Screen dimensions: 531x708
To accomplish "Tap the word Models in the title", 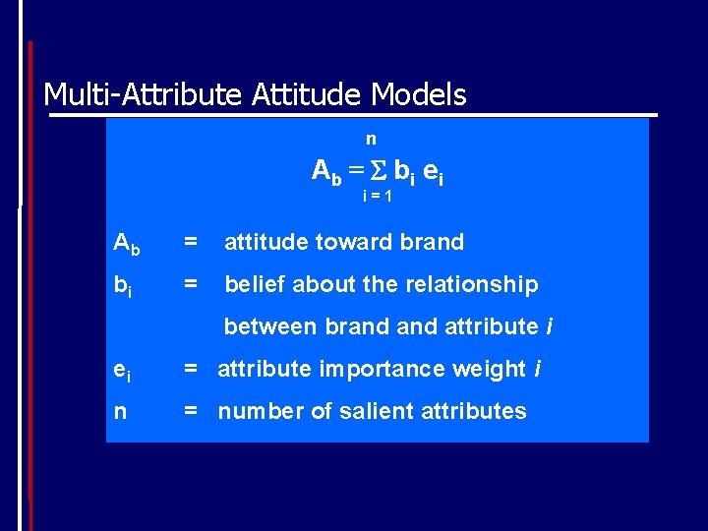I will tap(418, 95).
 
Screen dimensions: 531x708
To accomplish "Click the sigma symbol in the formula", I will tap(380, 170).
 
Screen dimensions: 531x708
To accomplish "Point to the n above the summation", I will tap(371, 140).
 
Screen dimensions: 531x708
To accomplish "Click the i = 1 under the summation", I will tap(378, 196).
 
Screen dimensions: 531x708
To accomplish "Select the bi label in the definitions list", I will tap(123, 286).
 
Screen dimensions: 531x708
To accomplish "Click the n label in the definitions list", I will tap(120, 412).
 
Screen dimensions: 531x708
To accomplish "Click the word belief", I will tap(255, 285).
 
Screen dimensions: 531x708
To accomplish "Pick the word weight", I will tap(492, 370).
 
